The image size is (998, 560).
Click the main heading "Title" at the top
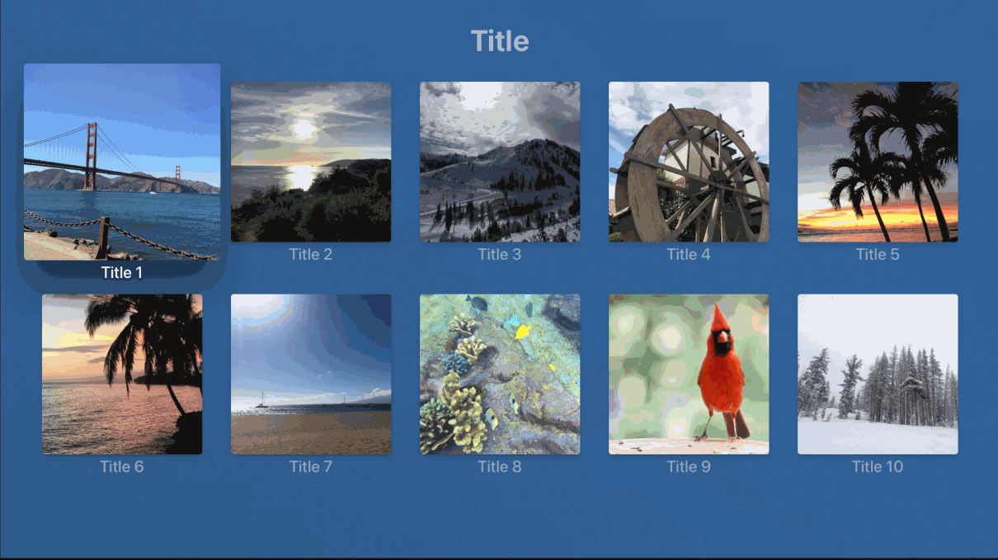pos(500,41)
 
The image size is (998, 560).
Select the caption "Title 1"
pos(121,273)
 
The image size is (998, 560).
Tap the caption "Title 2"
pos(311,254)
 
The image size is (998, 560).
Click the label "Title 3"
pos(500,254)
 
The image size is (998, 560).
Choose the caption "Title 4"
pos(689,254)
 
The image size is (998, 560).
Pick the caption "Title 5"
pos(878,254)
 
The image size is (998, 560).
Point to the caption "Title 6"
pos(121,467)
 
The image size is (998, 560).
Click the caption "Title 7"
pos(311,467)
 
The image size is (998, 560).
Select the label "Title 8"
pos(500,467)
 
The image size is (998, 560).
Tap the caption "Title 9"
pos(689,467)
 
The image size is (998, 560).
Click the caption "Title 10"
pos(878,467)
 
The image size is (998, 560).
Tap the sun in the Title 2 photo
pos(304,129)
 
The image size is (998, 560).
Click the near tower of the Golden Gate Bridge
pos(92,157)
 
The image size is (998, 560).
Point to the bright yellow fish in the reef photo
pos(523,332)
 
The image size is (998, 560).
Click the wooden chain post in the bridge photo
pos(103,238)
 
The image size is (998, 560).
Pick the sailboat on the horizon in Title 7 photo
pos(262,400)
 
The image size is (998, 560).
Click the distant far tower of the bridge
pos(178,178)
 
